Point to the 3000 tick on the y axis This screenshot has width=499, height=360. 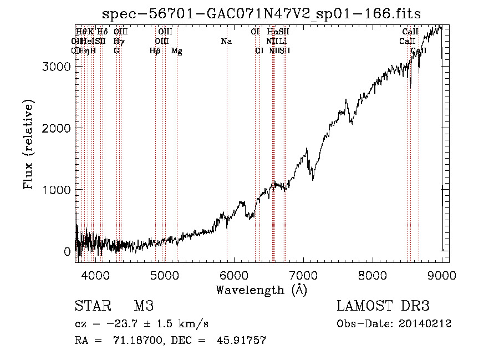point(57,67)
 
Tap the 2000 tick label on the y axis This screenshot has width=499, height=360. point(57,128)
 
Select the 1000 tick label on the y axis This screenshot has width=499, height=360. point(57,190)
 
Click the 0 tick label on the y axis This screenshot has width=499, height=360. point(67,251)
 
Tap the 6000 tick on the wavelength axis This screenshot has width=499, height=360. point(233,274)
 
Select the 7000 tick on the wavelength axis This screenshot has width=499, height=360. point(303,274)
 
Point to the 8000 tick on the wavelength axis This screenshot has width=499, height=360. point(372,274)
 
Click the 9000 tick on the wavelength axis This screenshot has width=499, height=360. point(441,274)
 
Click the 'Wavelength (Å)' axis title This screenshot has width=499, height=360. point(261,290)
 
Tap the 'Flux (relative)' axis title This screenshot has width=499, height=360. point(29,145)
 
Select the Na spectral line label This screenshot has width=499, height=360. point(226,42)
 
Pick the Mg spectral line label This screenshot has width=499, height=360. point(177,51)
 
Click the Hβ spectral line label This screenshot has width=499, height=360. point(155,51)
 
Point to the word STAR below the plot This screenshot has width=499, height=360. point(91,306)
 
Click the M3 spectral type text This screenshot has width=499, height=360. point(144,306)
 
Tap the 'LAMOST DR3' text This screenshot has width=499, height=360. point(383,306)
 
